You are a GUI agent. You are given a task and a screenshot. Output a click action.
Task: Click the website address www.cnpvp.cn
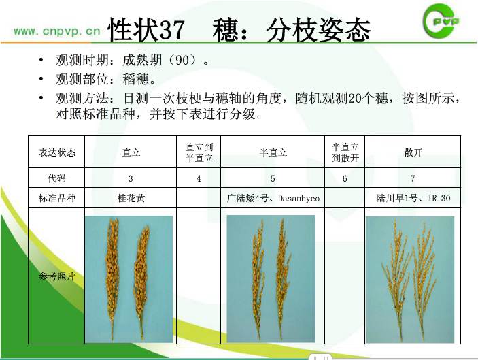57,31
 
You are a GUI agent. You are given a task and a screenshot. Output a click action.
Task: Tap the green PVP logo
441,21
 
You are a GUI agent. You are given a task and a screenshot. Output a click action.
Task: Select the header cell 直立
131,152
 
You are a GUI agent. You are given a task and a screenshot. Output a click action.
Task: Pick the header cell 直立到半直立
199,152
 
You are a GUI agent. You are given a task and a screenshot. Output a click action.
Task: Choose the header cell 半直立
273,152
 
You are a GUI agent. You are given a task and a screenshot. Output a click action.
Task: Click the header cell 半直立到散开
345,152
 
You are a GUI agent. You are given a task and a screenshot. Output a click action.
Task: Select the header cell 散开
413,152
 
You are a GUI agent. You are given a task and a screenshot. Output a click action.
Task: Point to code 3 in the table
131,178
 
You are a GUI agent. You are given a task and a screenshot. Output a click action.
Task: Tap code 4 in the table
199,178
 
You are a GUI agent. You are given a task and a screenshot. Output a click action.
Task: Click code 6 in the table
345,178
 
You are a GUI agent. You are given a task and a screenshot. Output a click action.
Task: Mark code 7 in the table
413,178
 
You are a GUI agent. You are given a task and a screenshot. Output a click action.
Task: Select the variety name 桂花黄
131,198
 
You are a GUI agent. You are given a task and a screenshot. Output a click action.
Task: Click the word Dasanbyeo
298,199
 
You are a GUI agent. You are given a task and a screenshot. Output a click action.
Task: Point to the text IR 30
439,198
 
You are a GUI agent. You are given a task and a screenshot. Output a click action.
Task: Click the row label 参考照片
56,276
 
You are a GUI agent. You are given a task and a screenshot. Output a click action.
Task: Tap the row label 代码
56,178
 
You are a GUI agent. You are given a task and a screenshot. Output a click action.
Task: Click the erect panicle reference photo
129,279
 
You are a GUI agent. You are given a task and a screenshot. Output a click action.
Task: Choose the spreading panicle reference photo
410,280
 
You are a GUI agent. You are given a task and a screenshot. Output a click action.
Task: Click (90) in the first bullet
182,60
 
